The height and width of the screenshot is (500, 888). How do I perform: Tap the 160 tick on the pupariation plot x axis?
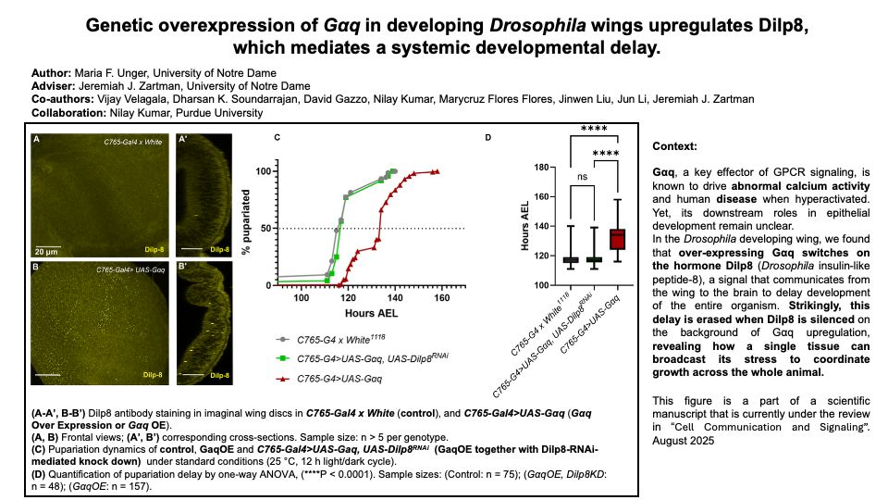[x=442, y=298]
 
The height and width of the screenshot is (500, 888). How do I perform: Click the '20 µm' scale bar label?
[x=47, y=250]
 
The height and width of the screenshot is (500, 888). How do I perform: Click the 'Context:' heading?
[x=674, y=146]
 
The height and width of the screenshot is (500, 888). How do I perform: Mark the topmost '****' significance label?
[x=594, y=130]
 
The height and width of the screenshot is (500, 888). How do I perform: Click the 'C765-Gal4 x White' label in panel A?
[x=130, y=141]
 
